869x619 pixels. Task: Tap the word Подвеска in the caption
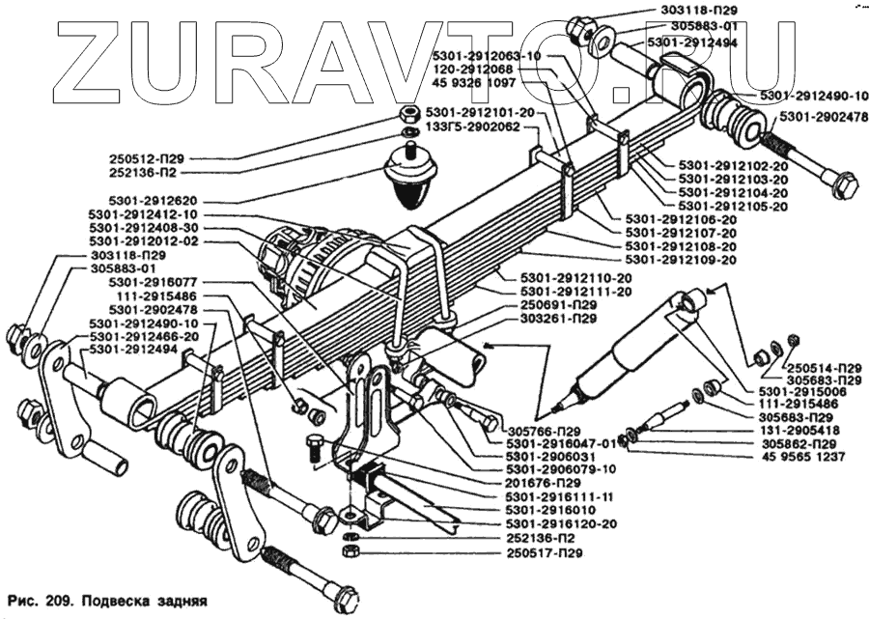pos(114,599)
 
